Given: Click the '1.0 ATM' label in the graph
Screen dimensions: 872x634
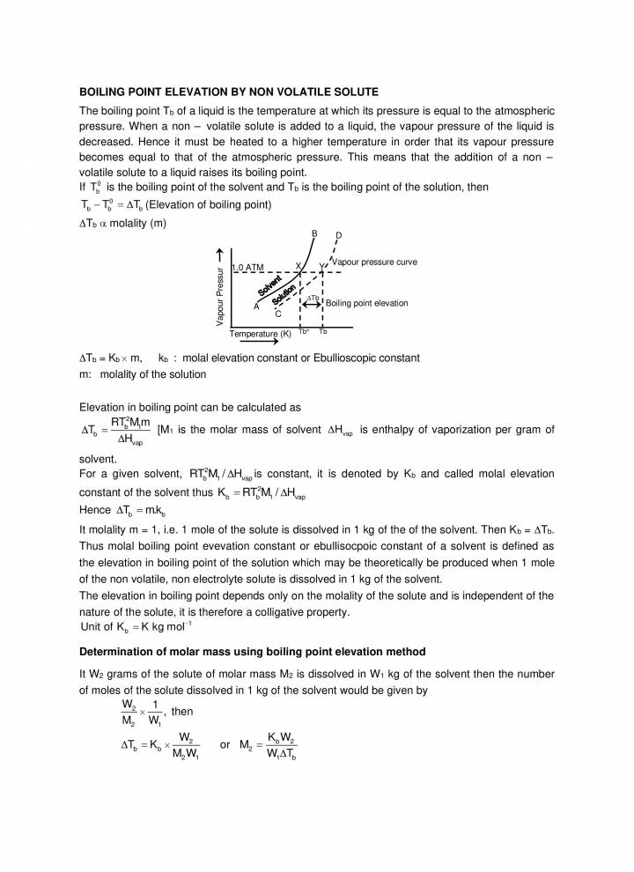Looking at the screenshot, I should coord(247,267).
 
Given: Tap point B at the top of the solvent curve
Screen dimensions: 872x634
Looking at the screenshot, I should coord(314,233).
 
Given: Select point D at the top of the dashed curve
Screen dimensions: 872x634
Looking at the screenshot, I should coord(338,236).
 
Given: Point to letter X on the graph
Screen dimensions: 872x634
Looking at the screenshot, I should coord(298,265).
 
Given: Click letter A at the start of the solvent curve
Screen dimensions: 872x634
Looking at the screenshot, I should coord(256,307).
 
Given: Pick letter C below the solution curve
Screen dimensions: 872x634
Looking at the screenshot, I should coord(277,314).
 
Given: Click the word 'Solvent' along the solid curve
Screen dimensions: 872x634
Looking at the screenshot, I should coord(269,287).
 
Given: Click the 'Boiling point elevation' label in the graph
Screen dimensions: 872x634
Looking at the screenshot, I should coord(367,303).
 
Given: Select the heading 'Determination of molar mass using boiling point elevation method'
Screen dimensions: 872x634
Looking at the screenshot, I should coord(253,652).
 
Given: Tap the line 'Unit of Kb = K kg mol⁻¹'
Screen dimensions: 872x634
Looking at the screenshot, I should coord(135,626).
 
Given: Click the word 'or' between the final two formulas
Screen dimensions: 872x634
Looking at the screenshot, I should coord(225,745).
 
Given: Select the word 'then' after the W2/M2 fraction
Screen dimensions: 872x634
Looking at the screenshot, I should coord(183,712).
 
